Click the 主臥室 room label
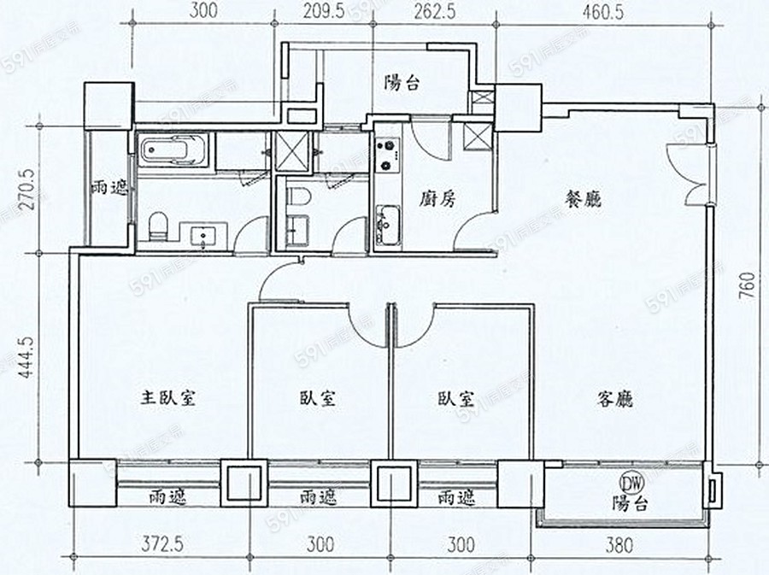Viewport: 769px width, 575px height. tap(168, 397)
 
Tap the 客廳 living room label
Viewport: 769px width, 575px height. tap(615, 399)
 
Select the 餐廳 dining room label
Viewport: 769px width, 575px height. tap(583, 199)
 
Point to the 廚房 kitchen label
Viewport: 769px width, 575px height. tap(437, 199)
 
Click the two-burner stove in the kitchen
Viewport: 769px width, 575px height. tap(387, 155)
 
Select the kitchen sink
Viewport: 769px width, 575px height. tap(387, 225)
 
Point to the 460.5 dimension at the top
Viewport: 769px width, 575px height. tap(602, 12)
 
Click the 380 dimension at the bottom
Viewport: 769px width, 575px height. tap(619, 544)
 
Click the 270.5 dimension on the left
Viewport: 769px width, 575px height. tap(28, 189)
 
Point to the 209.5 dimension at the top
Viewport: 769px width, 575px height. tap(324, 11)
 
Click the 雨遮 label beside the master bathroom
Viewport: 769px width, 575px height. tap(109, 188)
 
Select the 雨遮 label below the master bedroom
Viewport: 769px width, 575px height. tap(167, 497)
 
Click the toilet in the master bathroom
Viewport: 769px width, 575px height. tap(158, 226)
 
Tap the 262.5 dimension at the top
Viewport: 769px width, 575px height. tap(435, 11)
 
